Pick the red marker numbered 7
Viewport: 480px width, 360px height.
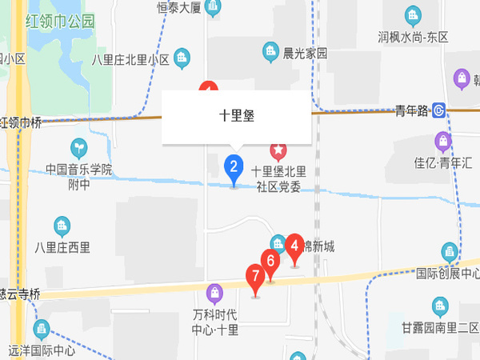point(256,279)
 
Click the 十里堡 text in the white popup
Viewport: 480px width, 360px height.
point(236,115)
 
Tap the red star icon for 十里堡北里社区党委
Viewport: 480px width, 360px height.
point(278,149)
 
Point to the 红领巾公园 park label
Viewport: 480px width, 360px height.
point(59,21)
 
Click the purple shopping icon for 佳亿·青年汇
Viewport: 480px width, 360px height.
point(442,142)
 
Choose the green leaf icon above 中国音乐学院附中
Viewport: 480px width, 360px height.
point(79,148)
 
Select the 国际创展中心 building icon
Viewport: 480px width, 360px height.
point(449,252)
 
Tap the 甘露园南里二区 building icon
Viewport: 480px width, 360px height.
point(439,306)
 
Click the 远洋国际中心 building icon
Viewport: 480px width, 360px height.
point(41,329)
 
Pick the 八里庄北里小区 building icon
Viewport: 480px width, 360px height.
point(183,58)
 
